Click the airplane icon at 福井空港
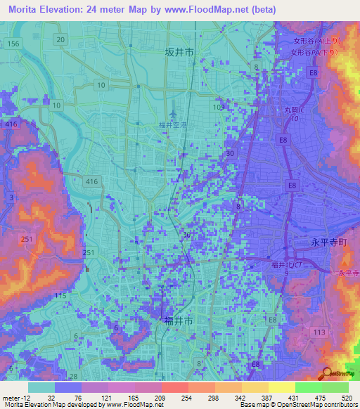[174, 112]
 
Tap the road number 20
[62, 39]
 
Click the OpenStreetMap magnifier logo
[327, 374]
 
